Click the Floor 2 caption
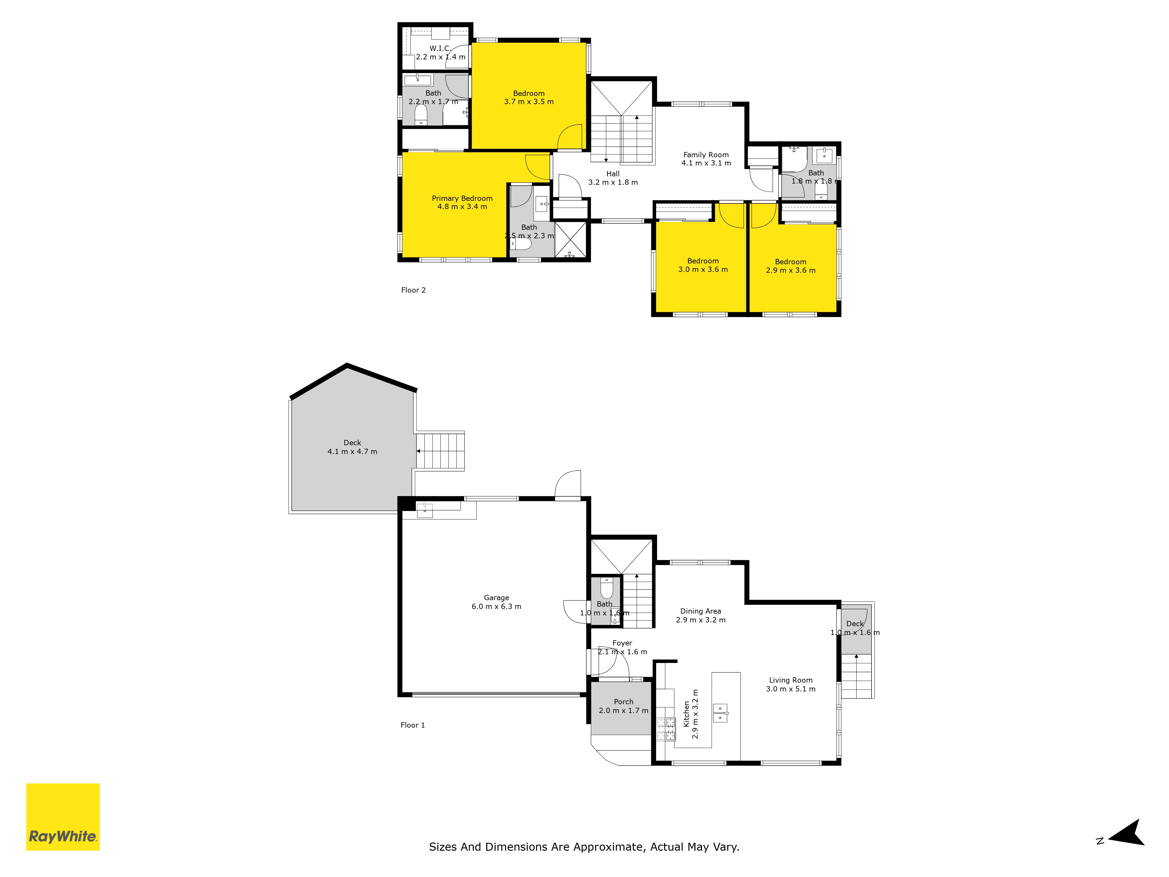click(x=413, y=290)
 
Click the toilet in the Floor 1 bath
click(x=607, y=588)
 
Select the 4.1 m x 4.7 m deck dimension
click(x=352, y=451)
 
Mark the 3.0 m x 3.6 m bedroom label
click(x=703, y=265)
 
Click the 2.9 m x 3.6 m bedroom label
click(x=791, y=266)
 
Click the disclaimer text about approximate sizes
click(x=584, y=847)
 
